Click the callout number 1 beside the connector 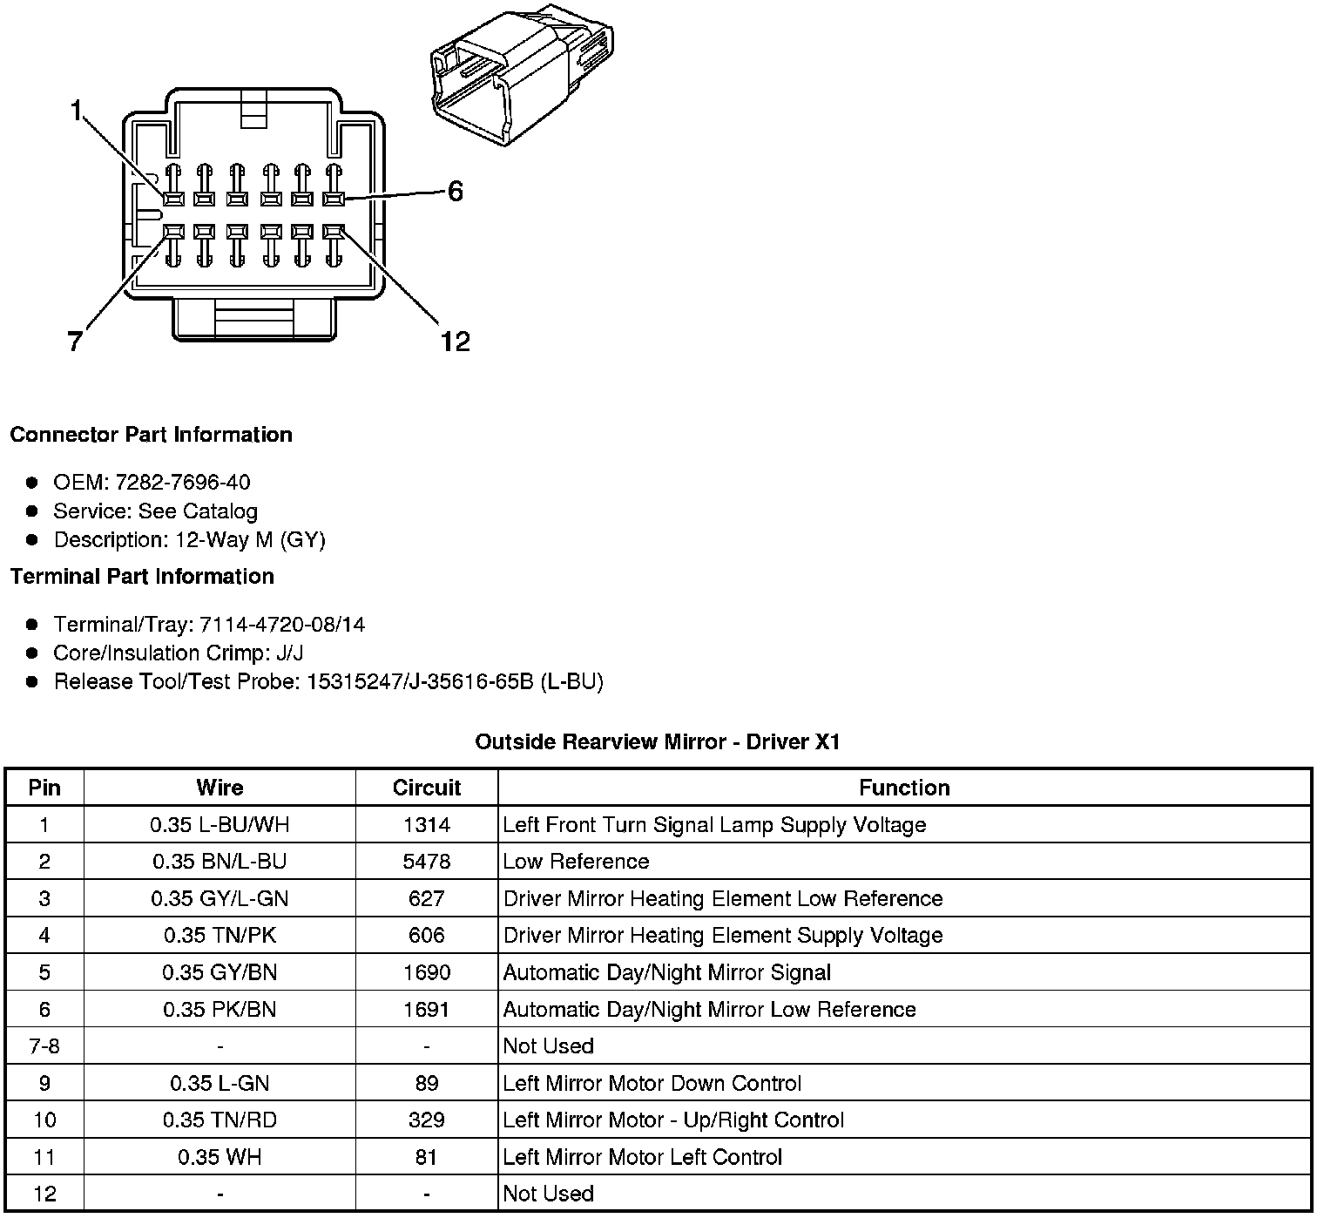coord(77,111)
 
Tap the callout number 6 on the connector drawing coord(455,191)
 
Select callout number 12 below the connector coord(455,342)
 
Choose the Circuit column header coord(426,788)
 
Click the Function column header coord(904,788)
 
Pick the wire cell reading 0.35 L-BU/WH coord(220,825)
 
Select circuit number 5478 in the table coord(426,862)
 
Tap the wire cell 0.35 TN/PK coord(220,936)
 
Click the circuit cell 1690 coord(426,972)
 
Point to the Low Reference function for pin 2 coord(576,862)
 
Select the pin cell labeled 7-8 coord(44,1046)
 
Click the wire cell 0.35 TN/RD coord(220,1120)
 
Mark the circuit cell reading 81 coord(426,1157)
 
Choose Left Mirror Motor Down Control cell coord(652,1083)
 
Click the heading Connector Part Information coord(151,435)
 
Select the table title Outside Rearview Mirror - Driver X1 coord(658,742)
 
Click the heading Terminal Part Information coord(142,577)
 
